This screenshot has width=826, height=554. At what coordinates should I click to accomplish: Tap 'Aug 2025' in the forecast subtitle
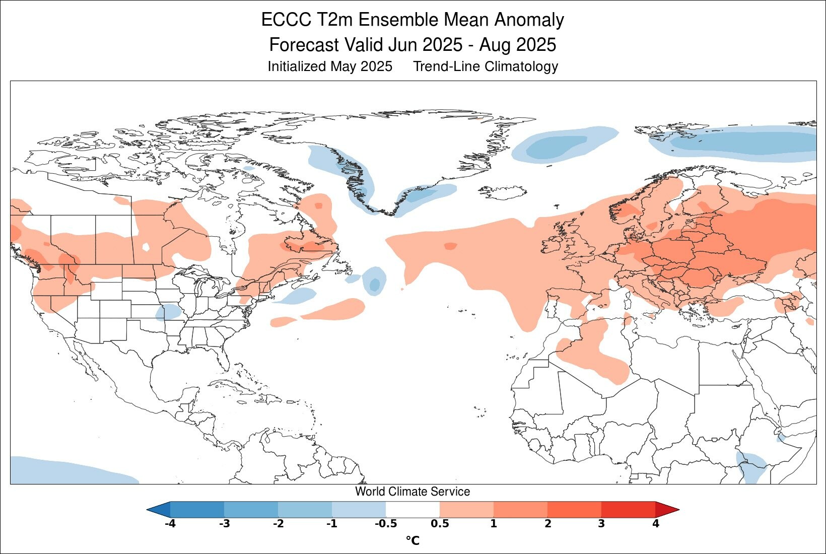[x=517, y=45]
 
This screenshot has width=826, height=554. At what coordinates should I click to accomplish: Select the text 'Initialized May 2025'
[x=329, y=66]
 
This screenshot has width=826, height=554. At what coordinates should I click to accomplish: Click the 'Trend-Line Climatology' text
[x=486, y=66]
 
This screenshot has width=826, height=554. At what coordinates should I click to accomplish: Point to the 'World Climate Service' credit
[x=412, y=492]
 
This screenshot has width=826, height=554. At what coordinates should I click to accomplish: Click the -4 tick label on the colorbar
[x=170, y=524]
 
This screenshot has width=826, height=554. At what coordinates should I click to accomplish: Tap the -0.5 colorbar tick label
[x=385, y=524]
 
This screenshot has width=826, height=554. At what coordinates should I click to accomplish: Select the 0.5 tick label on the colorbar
[x=440, y=524]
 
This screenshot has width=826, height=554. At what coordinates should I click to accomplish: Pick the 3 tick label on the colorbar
[x=601, y=524]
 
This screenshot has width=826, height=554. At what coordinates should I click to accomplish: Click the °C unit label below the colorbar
[x=412, y=541]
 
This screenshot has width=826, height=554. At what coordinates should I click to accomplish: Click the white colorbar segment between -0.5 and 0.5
[x=412, y=509]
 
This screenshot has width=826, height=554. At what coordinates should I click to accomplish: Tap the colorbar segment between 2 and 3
[x=574, y=509]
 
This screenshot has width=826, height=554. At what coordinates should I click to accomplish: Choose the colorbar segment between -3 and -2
[x=251, y=509]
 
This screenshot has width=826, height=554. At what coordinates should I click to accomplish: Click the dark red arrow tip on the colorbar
[x=668, y=509]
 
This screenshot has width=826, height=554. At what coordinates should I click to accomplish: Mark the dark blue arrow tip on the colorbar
[x=157, y=509]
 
